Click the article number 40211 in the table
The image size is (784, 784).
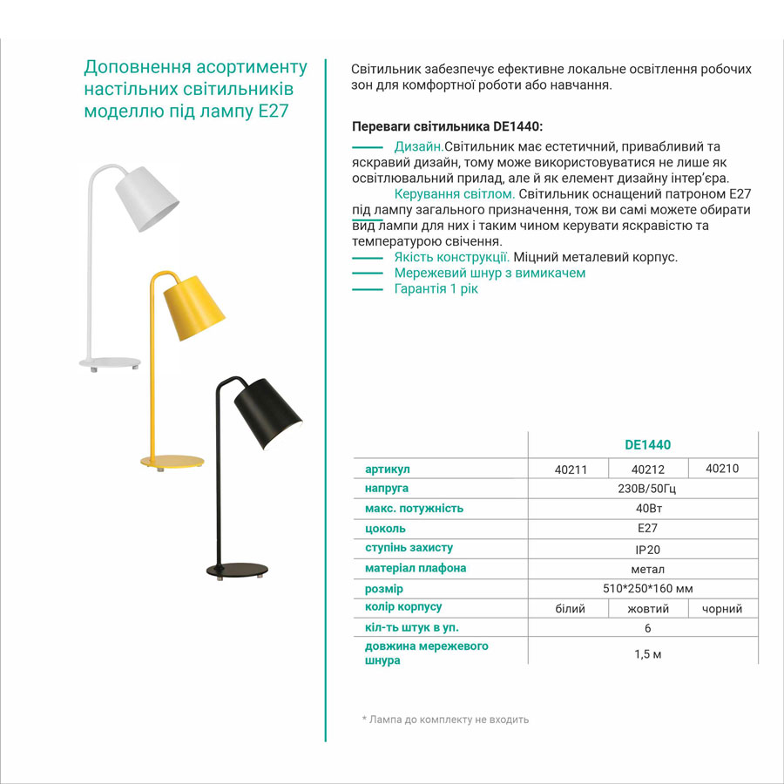click(x=571, y=470)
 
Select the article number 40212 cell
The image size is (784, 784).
click(x=647, y=470)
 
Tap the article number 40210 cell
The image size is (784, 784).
click(x=722, y=468)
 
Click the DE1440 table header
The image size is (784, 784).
click(x=647, y=444)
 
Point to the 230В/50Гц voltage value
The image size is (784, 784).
click(x=646, y=489)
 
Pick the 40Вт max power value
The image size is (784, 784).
click(x=647, y=509)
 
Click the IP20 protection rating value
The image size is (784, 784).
click(x=647, y=550)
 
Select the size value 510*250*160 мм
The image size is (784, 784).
click(x=647, y=589)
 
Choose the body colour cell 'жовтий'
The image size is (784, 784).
click(x=648, y=609)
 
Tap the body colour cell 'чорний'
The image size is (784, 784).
click(x=722, y=609)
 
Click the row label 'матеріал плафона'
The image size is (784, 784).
click(x=416, y=568)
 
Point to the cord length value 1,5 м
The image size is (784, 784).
click(x=647, y=654)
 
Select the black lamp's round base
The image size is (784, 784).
click(x=234, y=571)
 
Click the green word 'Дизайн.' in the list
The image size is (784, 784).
click(x=419, y=147)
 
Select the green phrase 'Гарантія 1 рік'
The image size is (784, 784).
click(x=436, y=288)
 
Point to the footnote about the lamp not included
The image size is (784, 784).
click(x=445, y=720)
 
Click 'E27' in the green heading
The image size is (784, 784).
click(x=274, y=112)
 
